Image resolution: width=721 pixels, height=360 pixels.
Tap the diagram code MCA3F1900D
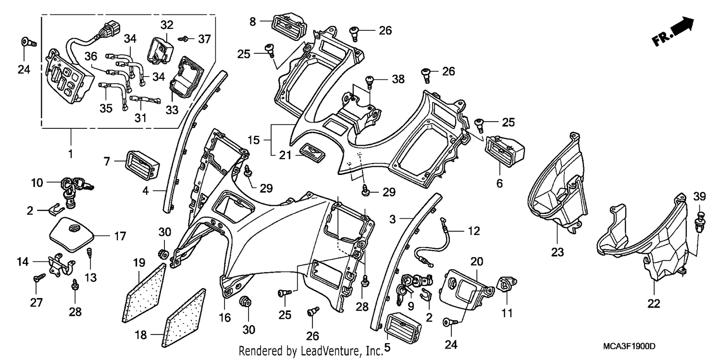[629, 347]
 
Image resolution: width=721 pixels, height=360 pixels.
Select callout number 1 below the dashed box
[71, 154]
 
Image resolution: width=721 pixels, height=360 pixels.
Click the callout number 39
[699, 197]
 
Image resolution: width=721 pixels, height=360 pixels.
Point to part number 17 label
[120, 236]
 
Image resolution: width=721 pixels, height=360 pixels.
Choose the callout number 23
[557, 252]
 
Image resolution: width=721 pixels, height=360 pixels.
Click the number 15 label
[254, 140]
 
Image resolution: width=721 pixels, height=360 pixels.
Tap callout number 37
[204, 39]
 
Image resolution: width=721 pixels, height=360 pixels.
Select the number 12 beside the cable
[473, 231]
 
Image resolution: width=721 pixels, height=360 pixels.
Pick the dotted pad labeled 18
[186, 323]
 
